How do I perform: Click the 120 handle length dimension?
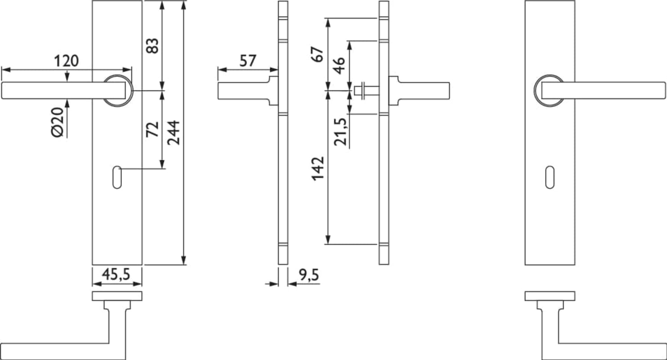pos(67,61)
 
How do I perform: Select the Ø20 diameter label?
pos(58,122)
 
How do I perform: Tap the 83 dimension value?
pos(152,45)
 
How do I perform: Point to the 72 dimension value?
pos(152,129)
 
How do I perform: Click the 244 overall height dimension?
pos(173,133)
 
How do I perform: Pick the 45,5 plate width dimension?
pos(116,274)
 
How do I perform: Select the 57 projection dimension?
pos(248,61)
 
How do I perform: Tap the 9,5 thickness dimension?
pos(309,275)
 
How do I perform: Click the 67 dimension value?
pos(318,54)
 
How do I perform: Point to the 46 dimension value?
pos(339,66)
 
